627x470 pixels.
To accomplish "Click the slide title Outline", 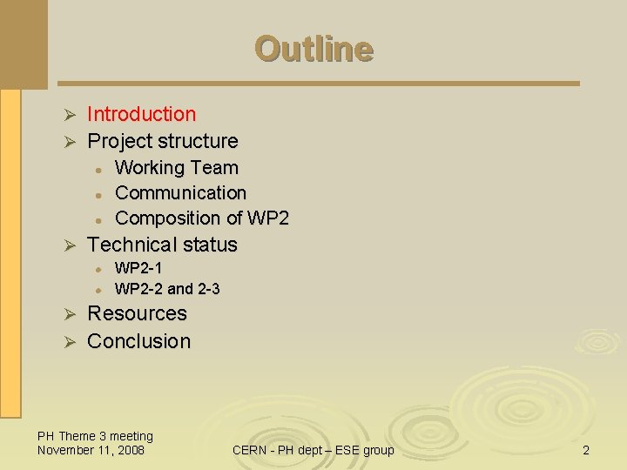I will click(313, 49).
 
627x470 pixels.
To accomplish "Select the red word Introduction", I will click(142, 114).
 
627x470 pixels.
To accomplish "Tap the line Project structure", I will click(163, 141).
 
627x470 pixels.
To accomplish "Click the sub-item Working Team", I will click(176, 167).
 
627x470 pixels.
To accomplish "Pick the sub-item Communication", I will click(180, 192).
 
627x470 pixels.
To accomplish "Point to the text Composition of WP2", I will click(201, 218).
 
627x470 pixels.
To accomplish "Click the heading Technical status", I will click(162, 245).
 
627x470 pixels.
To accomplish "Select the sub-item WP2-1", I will click(138, 268).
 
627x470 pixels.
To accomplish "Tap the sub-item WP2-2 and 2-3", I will click(167, 288).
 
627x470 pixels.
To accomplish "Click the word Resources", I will click(138, 313).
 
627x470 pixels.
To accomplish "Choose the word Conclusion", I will click(139, 341).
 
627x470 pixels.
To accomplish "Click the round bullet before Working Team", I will click(101, 169).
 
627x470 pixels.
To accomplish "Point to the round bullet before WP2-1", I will click(101, 269).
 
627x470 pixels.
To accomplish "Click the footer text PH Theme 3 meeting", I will click(95, 436).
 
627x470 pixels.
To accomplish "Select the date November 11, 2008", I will click(91, 450).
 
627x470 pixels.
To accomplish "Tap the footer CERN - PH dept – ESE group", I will click(313, 450).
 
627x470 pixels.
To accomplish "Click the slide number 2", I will click(586, 450).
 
